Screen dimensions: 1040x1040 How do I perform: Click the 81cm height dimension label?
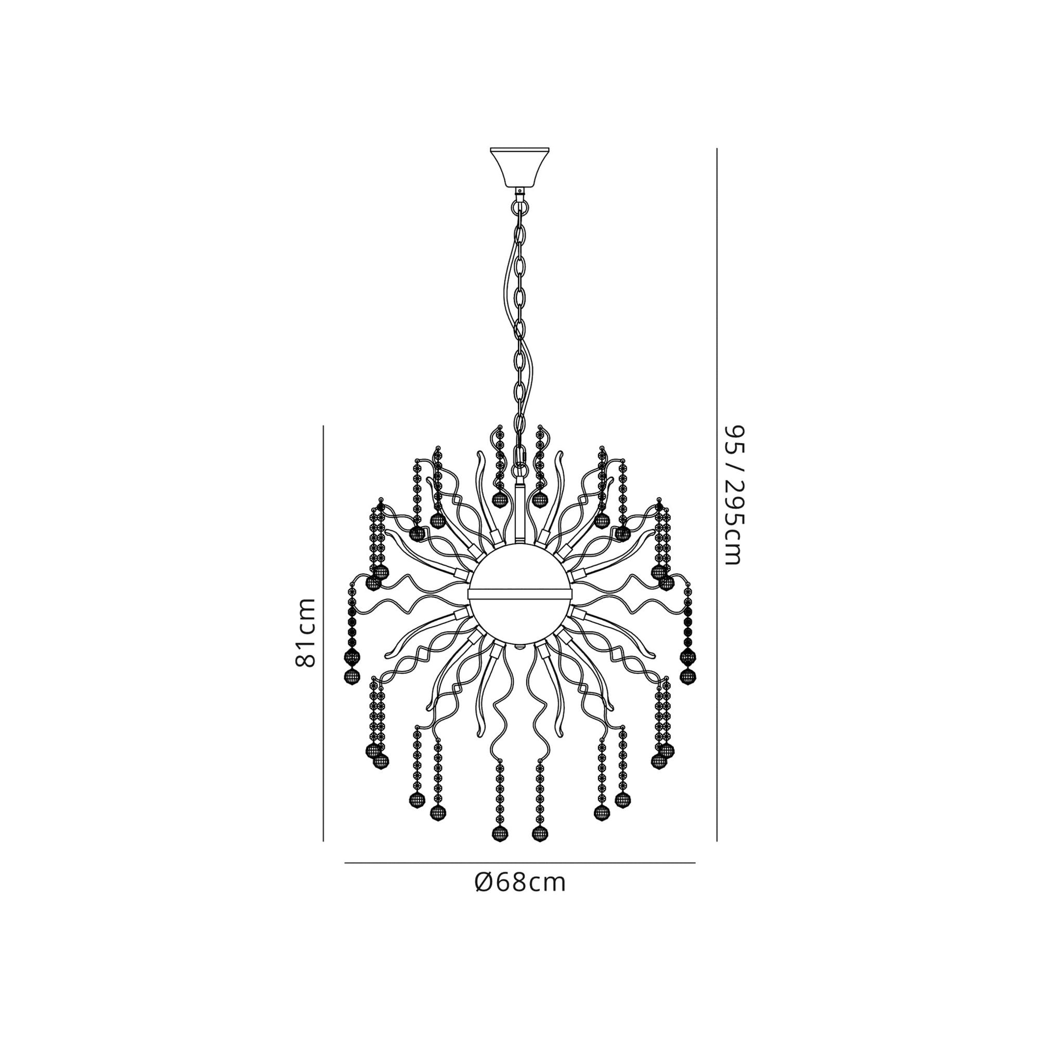[x=305, y=632]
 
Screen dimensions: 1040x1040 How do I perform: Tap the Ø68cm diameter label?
[x=520, y=883]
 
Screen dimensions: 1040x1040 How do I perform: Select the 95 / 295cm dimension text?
[x=734, y=495]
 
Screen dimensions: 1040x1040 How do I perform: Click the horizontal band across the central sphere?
[x=519, y=593]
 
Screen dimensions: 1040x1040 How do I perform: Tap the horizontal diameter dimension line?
[x=519, y=863]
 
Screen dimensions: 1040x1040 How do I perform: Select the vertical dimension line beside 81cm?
[x=323, y=632]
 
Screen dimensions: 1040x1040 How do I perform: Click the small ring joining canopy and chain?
[x=519, y=206]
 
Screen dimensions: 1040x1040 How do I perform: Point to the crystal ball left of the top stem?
[x=500, y=500]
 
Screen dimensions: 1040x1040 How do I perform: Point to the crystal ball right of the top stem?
[x=539, y=500]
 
